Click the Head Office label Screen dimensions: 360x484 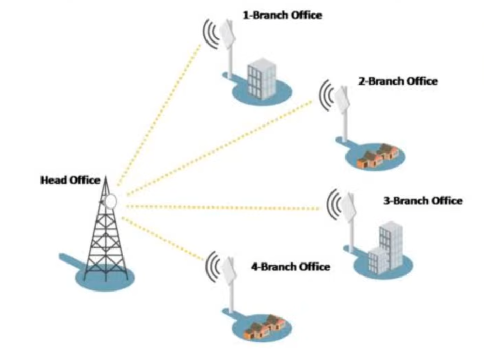[x=70, y=181]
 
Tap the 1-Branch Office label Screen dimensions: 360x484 [x=282, y=15]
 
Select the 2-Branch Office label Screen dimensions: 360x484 [x=398, y=81]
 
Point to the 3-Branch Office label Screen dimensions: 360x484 [x=422, y=200]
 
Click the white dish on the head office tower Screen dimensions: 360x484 [x=110, y=200]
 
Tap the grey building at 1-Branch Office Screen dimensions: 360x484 [x=260, y=79]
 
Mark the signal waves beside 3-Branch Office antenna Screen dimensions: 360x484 [x=334, y=203]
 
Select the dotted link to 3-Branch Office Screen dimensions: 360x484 [x=223, y=207]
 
